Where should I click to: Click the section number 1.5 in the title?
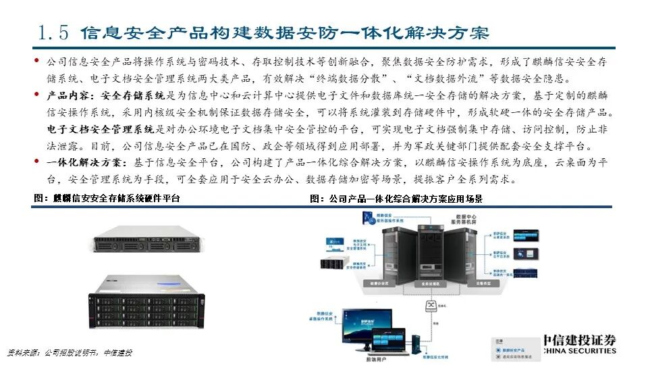pos(53,32)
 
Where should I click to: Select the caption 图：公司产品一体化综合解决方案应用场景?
pos(396,199)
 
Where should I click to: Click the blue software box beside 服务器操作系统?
pos(371,218)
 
